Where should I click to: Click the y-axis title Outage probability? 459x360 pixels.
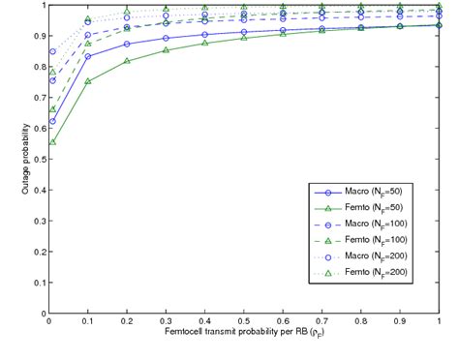click(x=27, y=156)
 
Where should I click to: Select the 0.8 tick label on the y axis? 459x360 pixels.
click(x=38, y=67)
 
